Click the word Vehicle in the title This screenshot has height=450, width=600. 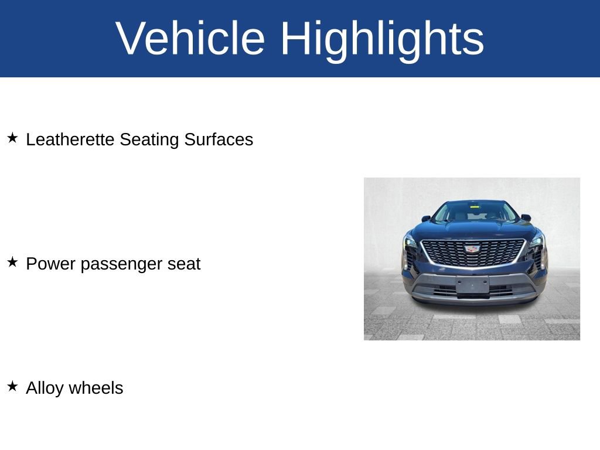(190, 39)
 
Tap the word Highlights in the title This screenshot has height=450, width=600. (382, 39)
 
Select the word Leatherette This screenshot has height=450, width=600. (70, 139)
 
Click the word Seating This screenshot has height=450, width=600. (149, 139)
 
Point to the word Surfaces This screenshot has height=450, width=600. (219, 139)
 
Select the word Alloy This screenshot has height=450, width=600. (45, 388)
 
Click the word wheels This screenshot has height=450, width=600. (96, 388)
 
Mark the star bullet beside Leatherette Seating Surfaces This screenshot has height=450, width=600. (12, 138)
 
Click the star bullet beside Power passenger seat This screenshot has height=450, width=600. (12, 262)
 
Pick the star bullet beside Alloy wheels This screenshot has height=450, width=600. (12, 387)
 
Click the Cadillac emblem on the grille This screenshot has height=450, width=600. (472, 249)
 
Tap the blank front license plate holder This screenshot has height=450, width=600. (472, 285)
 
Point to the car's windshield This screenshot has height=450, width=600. (475, 212)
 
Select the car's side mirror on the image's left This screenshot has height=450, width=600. (426, 219)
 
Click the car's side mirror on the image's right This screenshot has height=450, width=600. (526, 217)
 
